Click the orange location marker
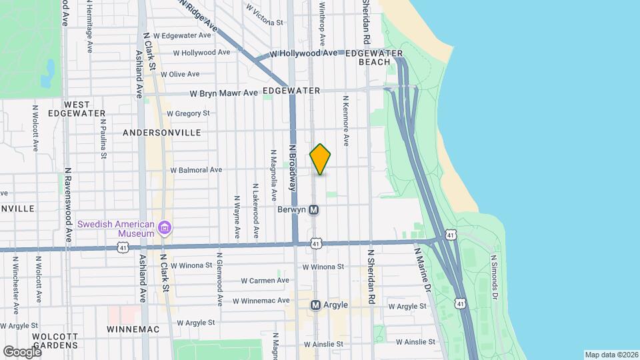(x=320, y=160)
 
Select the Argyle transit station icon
(x=317, y=305)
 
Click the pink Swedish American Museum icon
(x=164, y=229)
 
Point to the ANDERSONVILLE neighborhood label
(x=162, y=133)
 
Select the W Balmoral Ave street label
(x=196, y=170)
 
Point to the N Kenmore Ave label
(x=346, y=121)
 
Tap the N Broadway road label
(x=292, y=169)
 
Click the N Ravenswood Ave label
(x=68, y=199)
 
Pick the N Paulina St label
(x=103, y=139)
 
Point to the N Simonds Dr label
(x=494, y=275)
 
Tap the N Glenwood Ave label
(x=218, y=279)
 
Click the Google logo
(x=22, y=351)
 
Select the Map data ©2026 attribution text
(x=610, y=354)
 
